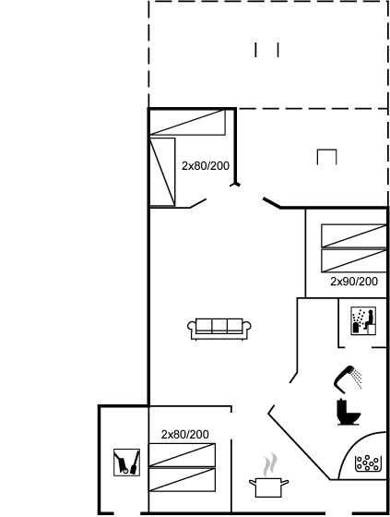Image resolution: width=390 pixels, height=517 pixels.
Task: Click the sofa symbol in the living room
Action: point(219,329)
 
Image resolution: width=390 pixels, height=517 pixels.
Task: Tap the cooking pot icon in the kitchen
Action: point(268,487)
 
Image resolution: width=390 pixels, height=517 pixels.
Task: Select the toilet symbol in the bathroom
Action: point(348,412)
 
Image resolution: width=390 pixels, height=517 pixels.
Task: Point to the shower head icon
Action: point(343,379)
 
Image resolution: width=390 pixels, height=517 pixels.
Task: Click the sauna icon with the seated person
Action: point(363,321)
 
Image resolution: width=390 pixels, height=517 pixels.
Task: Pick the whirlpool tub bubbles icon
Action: point(368,463)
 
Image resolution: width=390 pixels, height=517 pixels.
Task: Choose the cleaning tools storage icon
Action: point(127,463)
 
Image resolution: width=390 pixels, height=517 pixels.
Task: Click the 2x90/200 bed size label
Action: point(354,282)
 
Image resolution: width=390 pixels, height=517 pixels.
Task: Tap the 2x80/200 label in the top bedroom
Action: point(206,165)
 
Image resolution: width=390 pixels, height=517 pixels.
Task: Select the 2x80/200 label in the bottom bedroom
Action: point(184,434)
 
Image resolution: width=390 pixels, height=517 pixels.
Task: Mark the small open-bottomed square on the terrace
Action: point(326,157)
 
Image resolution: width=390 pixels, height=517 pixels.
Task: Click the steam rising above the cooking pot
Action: point(270,465)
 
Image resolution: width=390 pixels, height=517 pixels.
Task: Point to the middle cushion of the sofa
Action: point(219,325)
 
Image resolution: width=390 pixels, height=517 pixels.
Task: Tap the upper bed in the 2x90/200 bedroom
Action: point(354,235)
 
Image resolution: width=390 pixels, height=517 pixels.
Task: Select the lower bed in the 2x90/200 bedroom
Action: point(354,260)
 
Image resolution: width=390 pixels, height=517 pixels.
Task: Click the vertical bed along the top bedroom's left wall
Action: point(162,172)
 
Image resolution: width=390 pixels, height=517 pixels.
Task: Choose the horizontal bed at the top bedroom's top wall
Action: point(188,122)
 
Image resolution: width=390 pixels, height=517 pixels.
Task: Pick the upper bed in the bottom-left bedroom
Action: point(183,455)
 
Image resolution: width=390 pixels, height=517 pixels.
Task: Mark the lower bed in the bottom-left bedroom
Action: point(183,480)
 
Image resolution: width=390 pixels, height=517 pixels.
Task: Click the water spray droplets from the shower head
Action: point(357,379)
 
